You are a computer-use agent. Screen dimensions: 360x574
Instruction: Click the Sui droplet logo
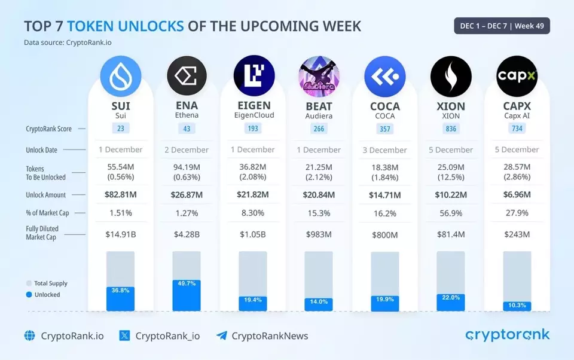tap(121, 77)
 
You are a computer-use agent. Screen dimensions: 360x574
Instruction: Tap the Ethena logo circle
tap(187, 77)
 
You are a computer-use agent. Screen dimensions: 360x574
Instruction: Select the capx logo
tap(517, 77)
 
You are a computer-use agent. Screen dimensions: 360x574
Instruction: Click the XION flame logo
tap(451, 77)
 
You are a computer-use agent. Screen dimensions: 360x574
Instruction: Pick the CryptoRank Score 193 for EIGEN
tap(253, 129)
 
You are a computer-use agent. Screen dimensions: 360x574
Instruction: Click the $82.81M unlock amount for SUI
tap(121, 195)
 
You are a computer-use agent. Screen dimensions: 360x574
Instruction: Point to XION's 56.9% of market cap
tap(451, 213)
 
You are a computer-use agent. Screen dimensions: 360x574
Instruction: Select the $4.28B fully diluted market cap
tap(187, 234)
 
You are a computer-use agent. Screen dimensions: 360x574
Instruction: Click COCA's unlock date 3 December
tap(384, 150)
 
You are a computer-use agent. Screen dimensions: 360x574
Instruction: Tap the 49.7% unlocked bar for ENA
tap(187, 295)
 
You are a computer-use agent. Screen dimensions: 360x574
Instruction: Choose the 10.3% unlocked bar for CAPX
tap(517, 306)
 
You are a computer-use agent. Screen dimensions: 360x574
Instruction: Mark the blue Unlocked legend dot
tap(29, 295)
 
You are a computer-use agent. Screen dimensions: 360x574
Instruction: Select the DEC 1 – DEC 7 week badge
tap(502, 26)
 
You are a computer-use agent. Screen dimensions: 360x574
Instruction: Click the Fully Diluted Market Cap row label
tap(42, 233)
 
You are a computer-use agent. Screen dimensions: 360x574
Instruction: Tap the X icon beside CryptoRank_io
tap(124, 336)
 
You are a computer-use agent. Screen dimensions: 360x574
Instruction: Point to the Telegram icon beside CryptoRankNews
tap(222, 336)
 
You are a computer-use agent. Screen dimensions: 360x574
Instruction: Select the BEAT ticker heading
tap(319, 106)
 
